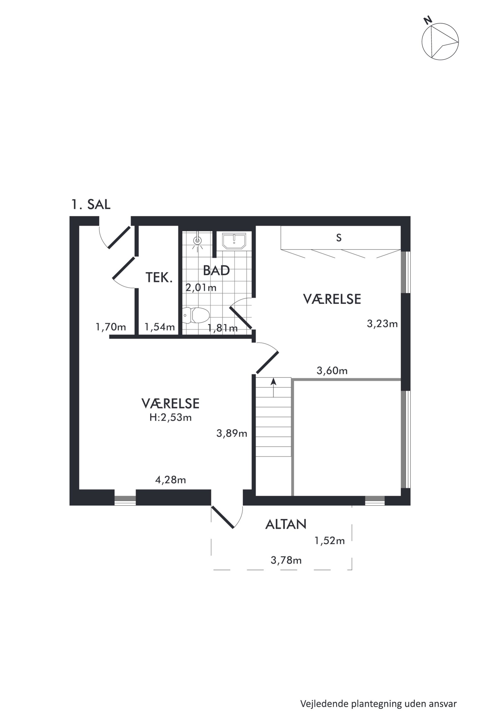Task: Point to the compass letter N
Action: [428, 21]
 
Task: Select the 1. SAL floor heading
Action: [91, 204]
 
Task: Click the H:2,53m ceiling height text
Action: [171, 418]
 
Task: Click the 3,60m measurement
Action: [332, 370]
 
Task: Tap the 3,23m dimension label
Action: [382, 324]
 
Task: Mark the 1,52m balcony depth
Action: [329, 541]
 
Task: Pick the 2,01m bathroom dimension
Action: [201, 288]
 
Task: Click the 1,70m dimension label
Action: [111, 327]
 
